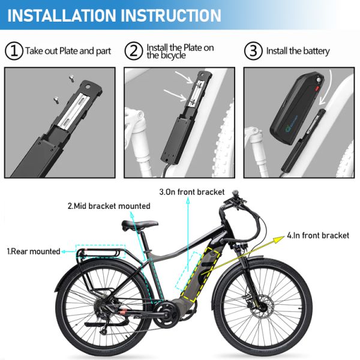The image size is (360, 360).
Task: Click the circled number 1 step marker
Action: pyautogui.click(x=14, y=50)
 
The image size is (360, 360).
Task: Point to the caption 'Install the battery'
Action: pyautogui.click(x=298, y=51)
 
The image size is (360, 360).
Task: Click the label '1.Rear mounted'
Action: pyautogui.click(x=34, y=251)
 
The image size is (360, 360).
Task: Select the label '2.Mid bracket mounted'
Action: pyautogui.click(x=109, y=206)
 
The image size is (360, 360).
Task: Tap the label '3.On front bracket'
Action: pyautogui.click(x=191, y=192)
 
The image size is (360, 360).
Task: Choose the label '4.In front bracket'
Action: pyautogui.click(x=318, y=235)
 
